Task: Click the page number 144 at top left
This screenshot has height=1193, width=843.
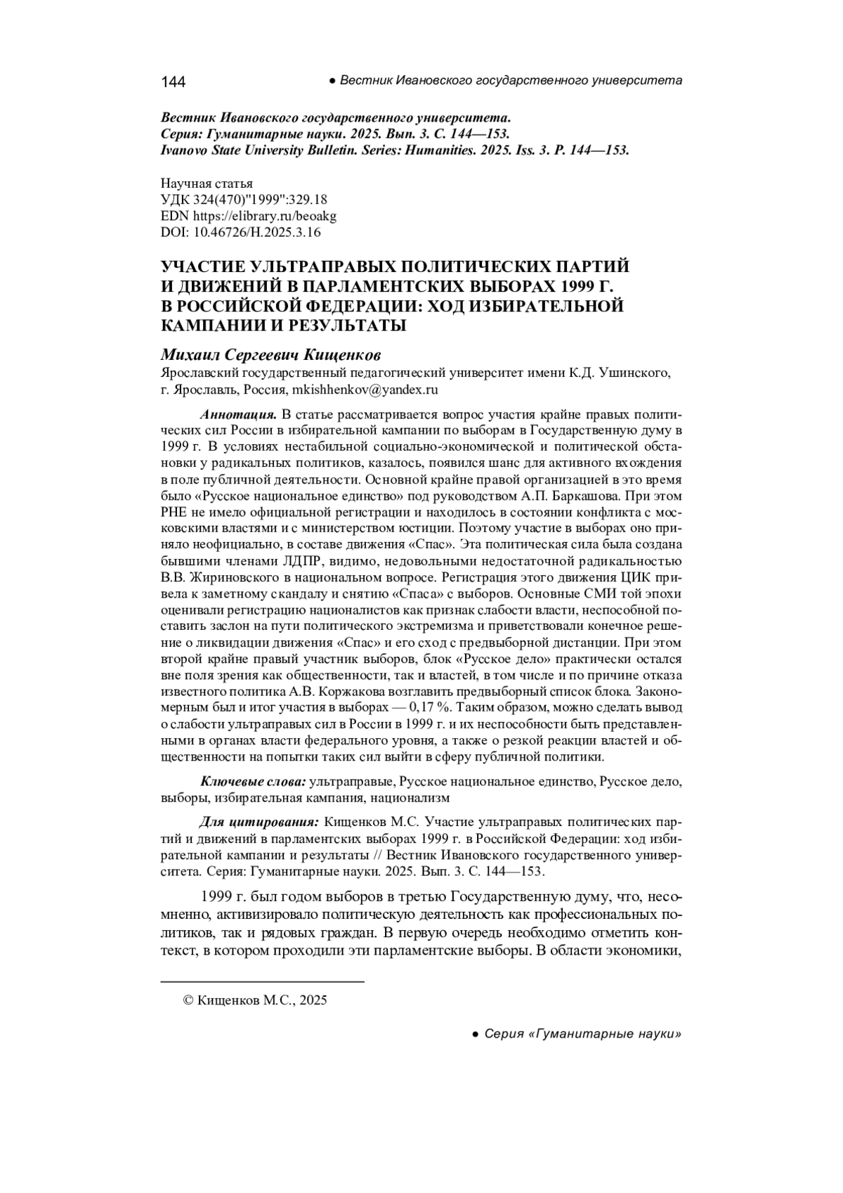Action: pyautogui.click(x=173, y=82)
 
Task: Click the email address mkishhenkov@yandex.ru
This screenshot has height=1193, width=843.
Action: pyautogui.click(x=365, y=389)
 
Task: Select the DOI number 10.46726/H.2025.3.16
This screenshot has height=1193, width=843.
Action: pyautogui.click(x=256, y=232)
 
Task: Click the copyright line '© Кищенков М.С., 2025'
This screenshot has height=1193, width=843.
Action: pyautogui.click(x=255, y=1000)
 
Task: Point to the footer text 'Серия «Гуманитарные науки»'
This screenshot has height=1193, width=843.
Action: pyautogui.click(x=582, y=1034)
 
